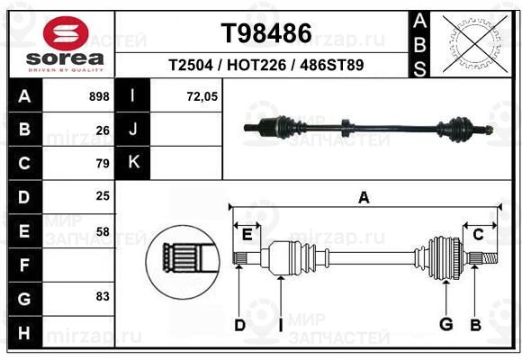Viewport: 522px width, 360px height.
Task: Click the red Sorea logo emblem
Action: [66, 33]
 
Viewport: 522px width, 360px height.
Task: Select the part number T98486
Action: [266, 33]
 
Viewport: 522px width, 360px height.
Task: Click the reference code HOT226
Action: [256, 65]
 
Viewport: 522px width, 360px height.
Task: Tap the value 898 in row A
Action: [99, 96]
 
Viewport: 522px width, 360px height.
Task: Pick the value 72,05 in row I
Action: [202, 96]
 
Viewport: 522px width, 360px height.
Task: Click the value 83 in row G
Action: [103, 296]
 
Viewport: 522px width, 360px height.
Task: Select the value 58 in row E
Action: [103, 231]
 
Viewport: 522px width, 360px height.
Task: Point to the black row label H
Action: [24, 333]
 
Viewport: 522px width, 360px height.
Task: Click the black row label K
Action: [133, 162]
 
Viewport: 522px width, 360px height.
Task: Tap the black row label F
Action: [24, 265]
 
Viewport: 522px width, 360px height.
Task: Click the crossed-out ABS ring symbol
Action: [475, 43]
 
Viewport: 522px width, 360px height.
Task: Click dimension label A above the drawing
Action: [364, 198]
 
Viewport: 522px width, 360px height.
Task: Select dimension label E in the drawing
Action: [247, 235]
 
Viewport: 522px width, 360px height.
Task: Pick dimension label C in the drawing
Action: [478, 235]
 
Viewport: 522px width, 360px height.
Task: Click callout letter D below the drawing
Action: [239, 325]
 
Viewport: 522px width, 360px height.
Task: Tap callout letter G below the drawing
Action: [446, 324]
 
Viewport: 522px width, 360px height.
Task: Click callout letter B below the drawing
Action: [476, 325]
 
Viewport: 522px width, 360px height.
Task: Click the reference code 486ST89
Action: [331, 65]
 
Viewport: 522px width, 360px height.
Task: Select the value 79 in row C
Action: [103, 163]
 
